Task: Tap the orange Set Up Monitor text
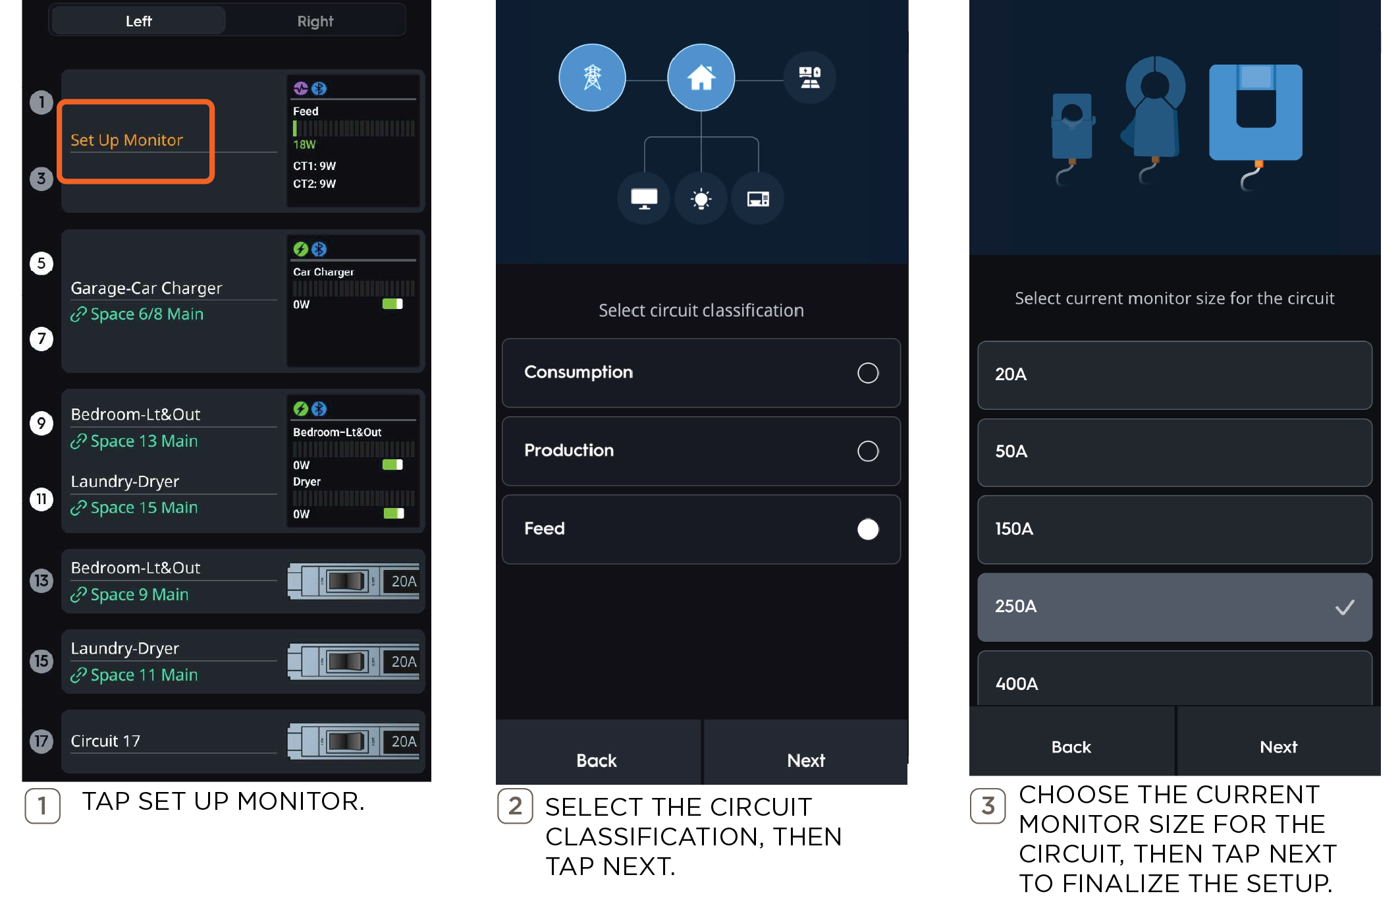(126, 140)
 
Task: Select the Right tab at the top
(315, 21)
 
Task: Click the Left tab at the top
(138, 21)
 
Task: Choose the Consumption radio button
(868, 373)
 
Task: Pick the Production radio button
(868, 451)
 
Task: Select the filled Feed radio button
(868, 529)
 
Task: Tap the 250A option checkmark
(1344, 607)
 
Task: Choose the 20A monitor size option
(1174, 375)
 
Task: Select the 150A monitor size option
(1174, 529)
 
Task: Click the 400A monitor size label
(1016, 684)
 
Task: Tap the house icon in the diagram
(701, 78)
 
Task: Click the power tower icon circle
(592, 78)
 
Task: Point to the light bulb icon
(701, 199)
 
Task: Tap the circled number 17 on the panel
(41, 741)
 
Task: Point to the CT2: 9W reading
(314, 184)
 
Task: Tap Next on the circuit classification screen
(805, 760)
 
